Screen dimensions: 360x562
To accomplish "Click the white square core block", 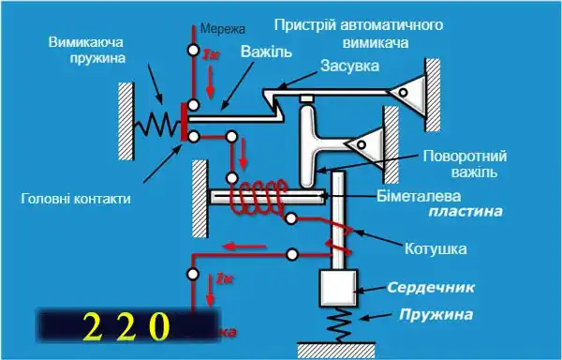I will click(340, 288).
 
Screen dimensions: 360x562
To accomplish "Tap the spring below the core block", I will click(340, 329).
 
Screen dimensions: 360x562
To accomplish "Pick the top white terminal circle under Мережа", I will click(193, 50).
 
